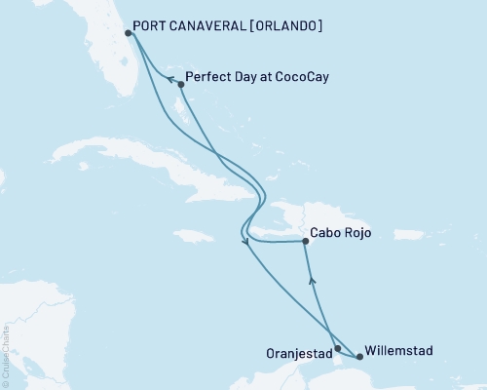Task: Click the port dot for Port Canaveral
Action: [x=129, y=33]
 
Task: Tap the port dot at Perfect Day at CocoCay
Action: [x=181, y=84]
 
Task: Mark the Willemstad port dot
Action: [x=360, y=356]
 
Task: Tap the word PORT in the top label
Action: [x=159, y=24]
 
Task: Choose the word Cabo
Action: [x=326, y=234]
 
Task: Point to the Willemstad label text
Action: [x=399, y=350]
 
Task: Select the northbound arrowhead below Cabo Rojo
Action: [x=312, y=282]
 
